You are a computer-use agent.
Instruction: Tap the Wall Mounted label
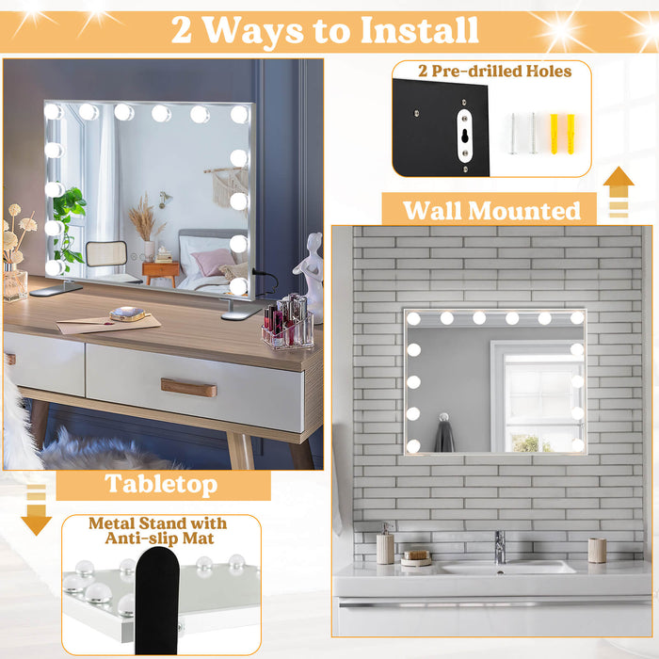491,210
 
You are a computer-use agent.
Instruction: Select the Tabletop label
161,485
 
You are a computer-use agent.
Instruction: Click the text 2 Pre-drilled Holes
495,72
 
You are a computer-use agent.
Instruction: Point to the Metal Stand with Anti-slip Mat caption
158,530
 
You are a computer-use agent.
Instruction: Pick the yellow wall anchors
562,134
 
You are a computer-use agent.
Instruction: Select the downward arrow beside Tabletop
36,510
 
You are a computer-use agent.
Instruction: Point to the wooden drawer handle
188,387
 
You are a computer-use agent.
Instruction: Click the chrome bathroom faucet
500,546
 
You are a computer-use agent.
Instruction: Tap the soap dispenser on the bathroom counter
385,544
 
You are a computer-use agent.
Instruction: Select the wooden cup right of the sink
597,550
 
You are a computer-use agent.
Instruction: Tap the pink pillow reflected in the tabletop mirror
213,261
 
